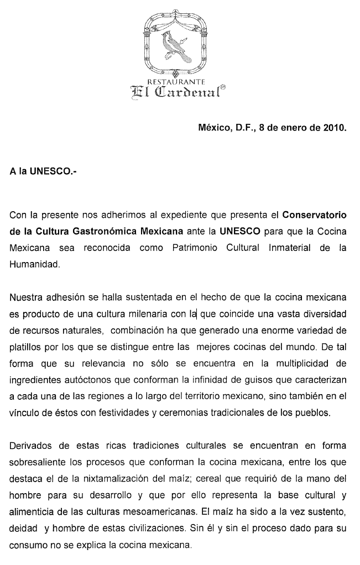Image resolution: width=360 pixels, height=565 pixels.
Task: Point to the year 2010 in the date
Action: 335,128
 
